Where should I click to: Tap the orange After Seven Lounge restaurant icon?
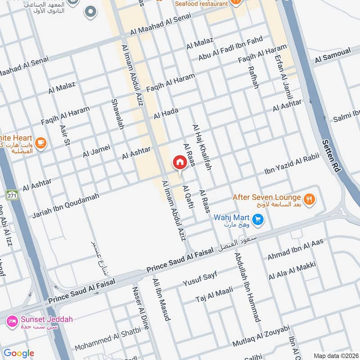[x=309, y=198]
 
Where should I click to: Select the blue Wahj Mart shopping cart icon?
[x=257, y=219]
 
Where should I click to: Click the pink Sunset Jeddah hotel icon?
[x=12, y=321]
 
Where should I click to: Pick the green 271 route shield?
[x=12, y=195]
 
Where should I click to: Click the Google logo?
[x=18, y=353]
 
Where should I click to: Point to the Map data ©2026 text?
[x=335, y=355]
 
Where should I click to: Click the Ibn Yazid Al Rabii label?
[x=291, y=165]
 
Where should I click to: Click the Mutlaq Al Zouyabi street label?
[x=261, y=337]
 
